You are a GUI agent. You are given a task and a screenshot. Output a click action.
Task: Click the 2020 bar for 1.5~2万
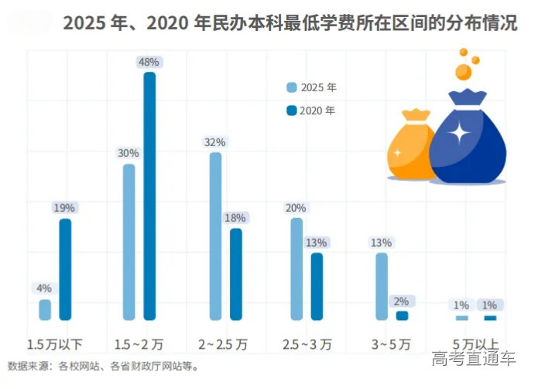tap(149, 196)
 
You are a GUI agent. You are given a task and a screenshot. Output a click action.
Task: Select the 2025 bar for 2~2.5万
tap(215, 236)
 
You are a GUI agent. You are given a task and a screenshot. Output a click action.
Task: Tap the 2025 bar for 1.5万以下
tap(45, 309)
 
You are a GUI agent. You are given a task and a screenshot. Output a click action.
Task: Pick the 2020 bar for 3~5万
tap(402, 316)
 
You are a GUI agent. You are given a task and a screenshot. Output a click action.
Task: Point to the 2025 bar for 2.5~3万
tap(296, 268)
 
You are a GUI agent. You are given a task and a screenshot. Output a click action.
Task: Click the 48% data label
tap(149, 61)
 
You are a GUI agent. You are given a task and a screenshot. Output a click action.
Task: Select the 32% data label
tap(215, 142)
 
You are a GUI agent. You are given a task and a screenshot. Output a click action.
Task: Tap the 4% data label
tap(44, 288)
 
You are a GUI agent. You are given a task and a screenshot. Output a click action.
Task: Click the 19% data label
tap(65, 207)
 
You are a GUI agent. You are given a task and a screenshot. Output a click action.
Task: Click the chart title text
tap(290, 23)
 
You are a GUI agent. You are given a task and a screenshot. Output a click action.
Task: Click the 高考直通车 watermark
tap(474, 358)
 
